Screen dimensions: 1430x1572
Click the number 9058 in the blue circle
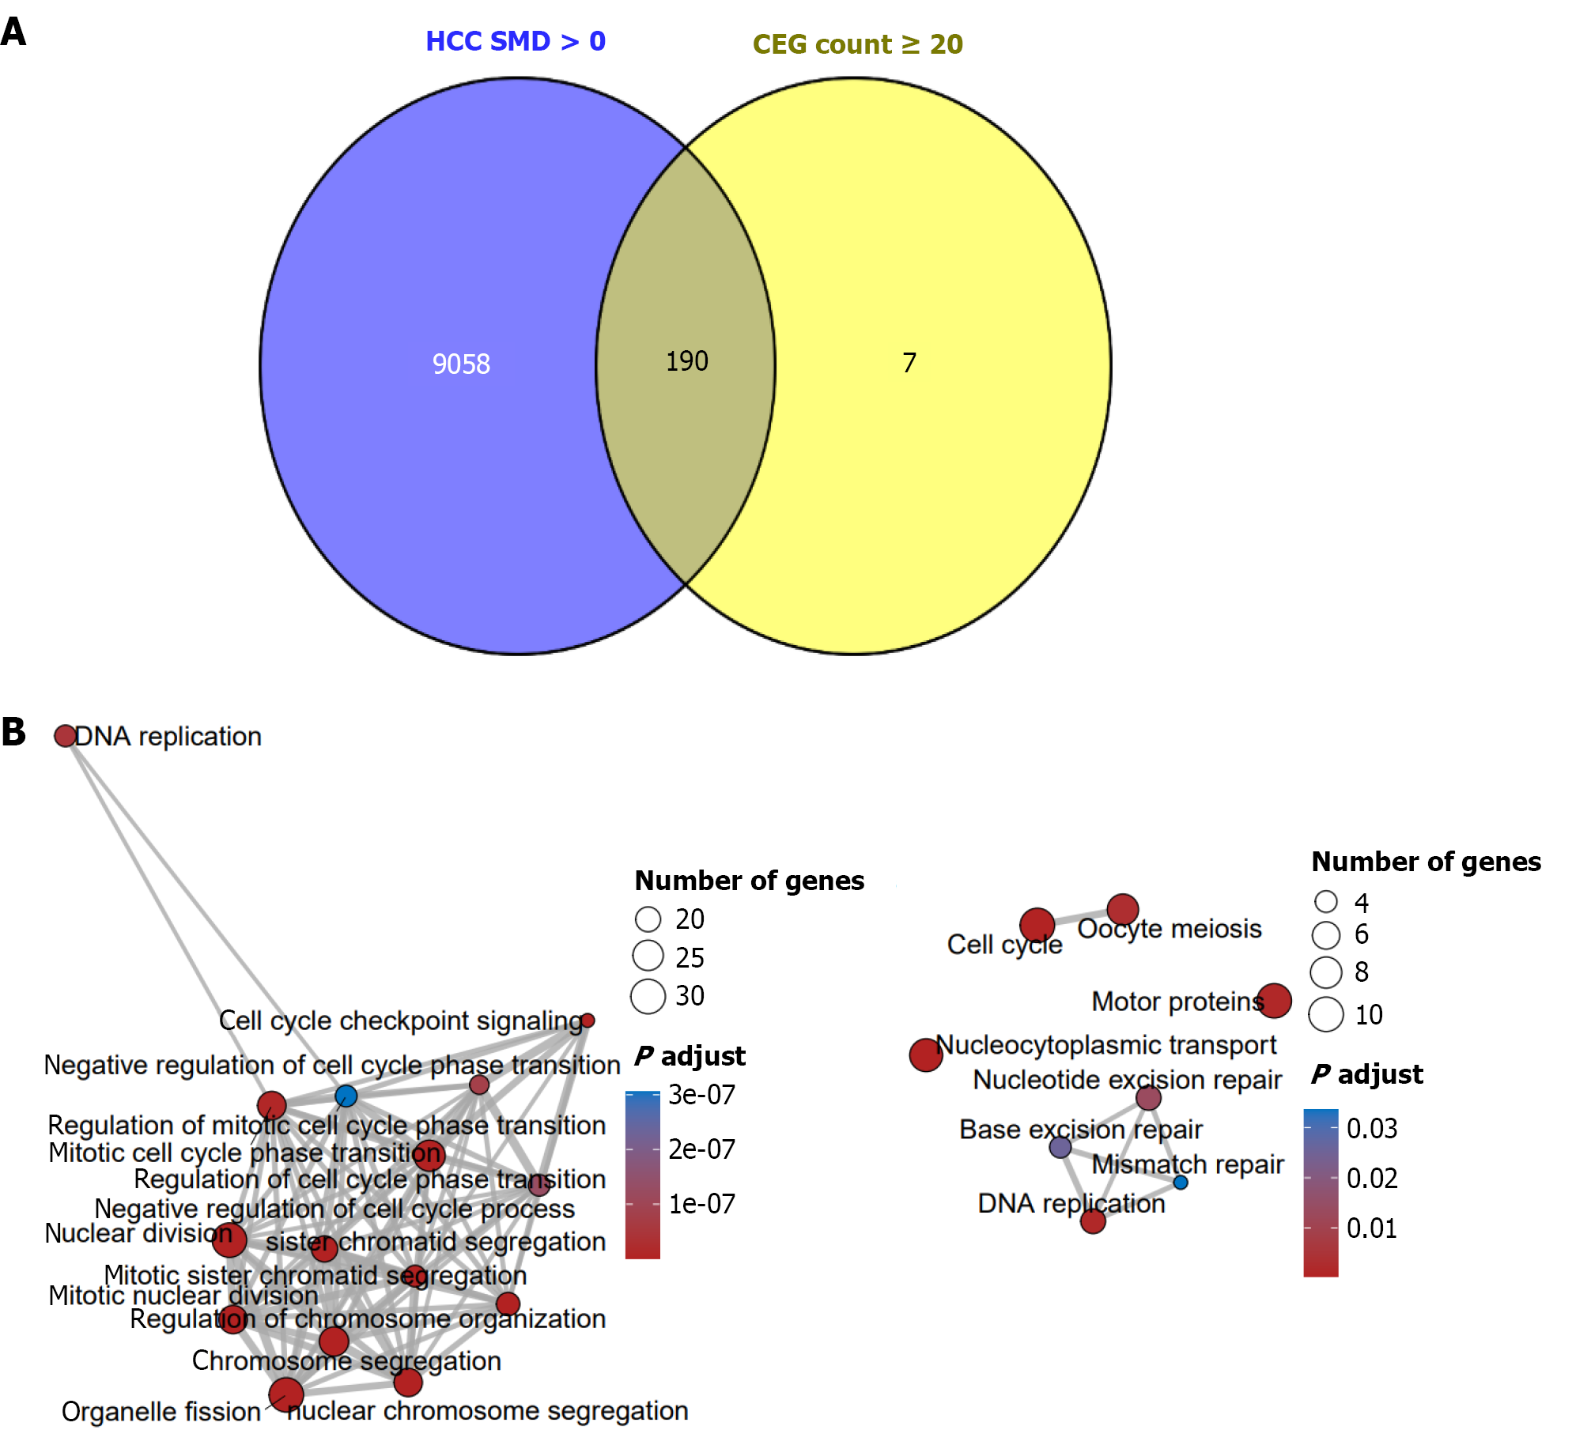[461, 364]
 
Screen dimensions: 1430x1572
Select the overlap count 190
[686, 361]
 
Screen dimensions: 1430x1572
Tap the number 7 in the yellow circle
[909, 363]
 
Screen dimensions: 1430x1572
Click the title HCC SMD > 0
[516, 41]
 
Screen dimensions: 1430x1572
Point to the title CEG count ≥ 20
[857, 44]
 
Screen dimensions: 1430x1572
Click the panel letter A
[13, 32]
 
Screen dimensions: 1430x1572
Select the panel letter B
[13, 732]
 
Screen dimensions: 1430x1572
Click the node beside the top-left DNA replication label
[65, 736]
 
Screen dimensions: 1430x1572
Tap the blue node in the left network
[346, 1096]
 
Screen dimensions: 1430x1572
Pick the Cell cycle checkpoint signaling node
[588, 1021]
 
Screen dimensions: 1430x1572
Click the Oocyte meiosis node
[1122, 909]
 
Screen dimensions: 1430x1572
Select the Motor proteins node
[1274, 1001]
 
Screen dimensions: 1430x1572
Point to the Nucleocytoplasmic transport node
[926, 1055]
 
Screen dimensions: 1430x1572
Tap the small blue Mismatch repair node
[1181, 1183]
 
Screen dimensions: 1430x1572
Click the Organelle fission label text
[161, 1411]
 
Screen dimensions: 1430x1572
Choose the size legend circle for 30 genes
[648, 996]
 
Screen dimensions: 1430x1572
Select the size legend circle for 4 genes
[1325, 901]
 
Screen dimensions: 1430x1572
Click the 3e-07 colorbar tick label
[701, 1095]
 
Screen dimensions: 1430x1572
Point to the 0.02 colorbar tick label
[1372, 1179]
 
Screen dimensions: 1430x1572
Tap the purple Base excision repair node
[1060, 1147]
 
